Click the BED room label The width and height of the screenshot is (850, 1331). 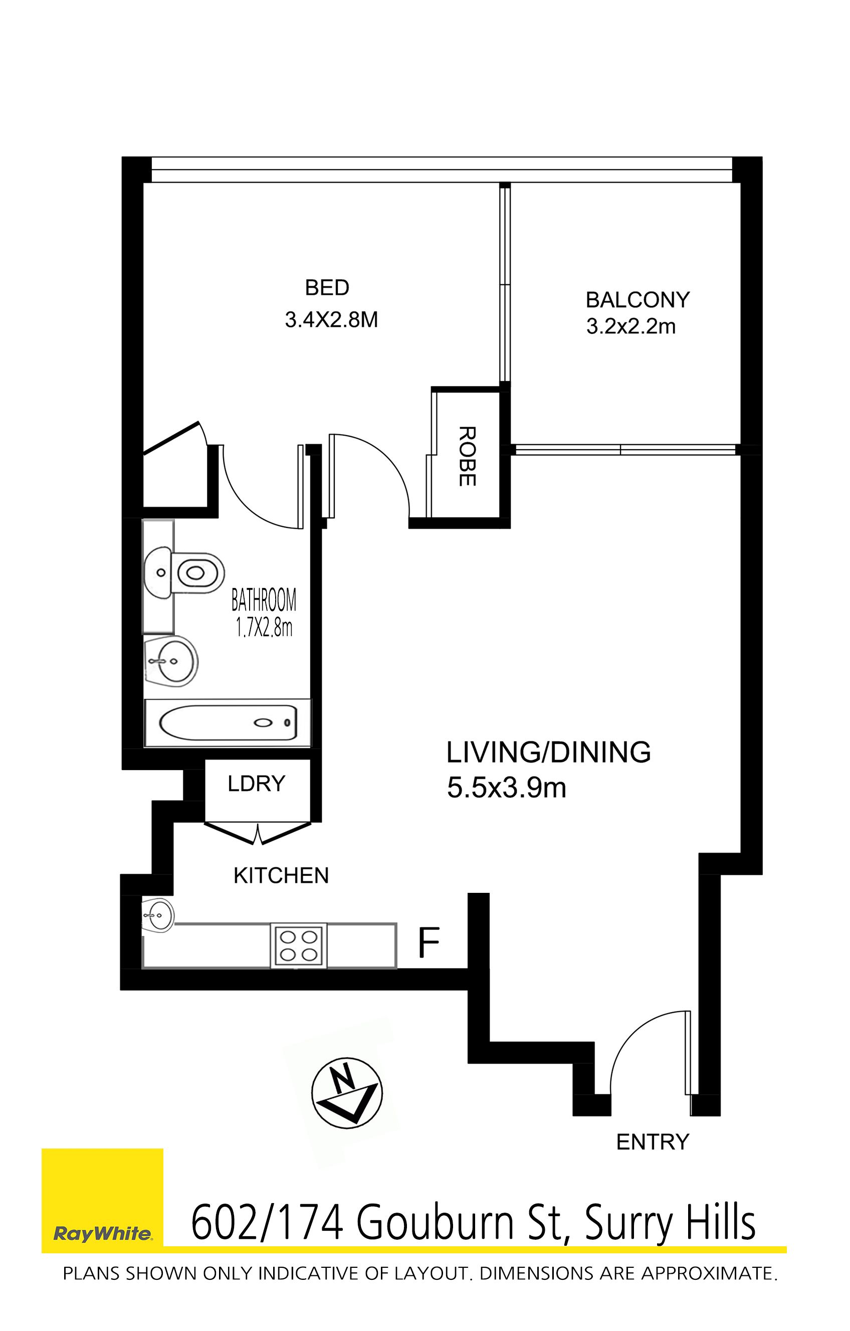pyautogui.click(x=327, y=287)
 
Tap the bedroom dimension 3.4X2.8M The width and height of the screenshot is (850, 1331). pyautogui.click(x=331, y=319)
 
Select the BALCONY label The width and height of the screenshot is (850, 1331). pyautogui.click(x=638, y=300)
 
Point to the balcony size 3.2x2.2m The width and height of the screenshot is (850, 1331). pyautogui.click(x=630, y=327)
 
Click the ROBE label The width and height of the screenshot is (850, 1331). pyautogui.click(x=467, y=456)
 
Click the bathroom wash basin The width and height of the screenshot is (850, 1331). pyautogui.click(x=171, y=661)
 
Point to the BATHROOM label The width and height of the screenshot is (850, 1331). pyautogui.click(x=264, y=600)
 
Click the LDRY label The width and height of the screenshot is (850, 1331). pyautogui.click(x=257, y=783)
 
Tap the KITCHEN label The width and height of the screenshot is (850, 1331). pyautogui.click(x=281, y=875)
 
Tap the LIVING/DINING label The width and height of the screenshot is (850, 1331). pyautogui.click(x=548, y=752)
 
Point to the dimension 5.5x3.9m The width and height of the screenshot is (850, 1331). pyautogui.click(x=506, y=788)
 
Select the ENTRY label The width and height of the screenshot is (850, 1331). pyautogui.click(x=653, y=1142)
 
